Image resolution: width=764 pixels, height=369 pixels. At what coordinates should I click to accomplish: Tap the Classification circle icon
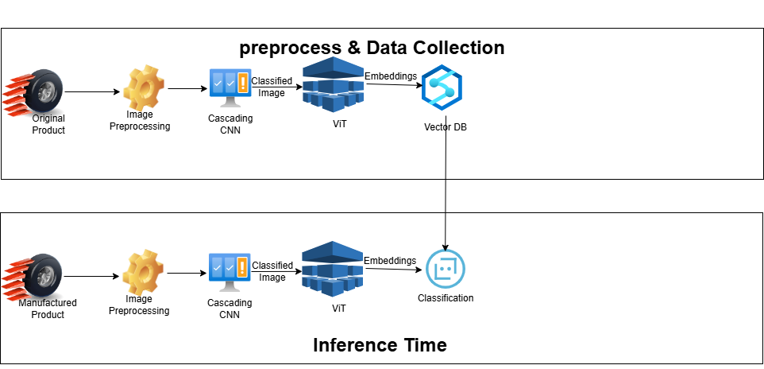446,269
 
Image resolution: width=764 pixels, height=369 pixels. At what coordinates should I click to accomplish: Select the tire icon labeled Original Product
33,92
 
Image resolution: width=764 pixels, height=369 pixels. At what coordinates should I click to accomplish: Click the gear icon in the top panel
144,88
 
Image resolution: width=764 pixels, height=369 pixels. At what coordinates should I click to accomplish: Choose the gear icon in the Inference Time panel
143,273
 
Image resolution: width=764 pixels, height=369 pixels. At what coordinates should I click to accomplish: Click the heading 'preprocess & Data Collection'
372,48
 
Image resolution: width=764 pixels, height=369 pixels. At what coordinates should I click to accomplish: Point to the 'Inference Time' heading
380,345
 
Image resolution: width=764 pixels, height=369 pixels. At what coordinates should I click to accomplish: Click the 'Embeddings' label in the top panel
391,76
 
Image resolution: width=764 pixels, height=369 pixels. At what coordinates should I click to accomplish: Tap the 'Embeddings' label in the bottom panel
390,261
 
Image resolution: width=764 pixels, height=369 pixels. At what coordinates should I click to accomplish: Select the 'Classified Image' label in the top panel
272,87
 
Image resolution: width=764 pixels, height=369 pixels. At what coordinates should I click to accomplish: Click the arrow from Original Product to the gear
92,91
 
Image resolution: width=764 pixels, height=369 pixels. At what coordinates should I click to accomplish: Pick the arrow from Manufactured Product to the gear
91,276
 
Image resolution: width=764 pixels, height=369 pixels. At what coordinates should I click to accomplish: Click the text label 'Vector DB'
446,128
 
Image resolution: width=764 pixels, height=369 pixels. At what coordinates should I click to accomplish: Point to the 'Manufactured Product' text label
48,309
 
